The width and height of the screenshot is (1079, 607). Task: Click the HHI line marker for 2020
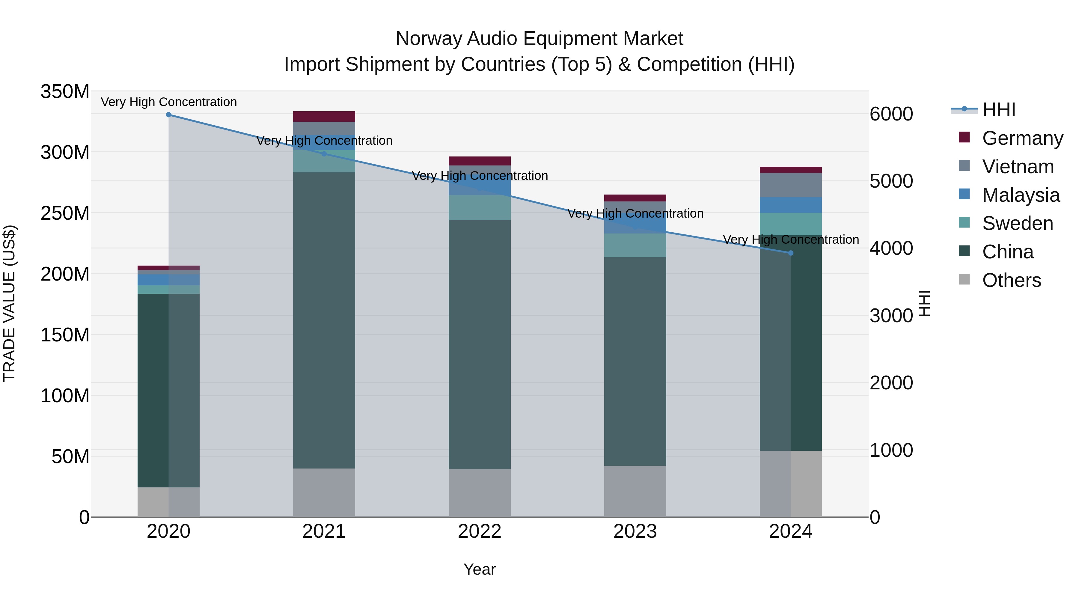point(168,115)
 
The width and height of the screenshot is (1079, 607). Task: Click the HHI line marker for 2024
point(790,253)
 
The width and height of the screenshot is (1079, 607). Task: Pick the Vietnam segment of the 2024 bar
point(790,185)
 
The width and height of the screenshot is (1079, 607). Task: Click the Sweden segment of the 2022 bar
point(479,208)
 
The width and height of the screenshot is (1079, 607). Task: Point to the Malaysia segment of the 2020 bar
point(168,280)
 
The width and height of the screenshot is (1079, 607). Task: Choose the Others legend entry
point(1011,280)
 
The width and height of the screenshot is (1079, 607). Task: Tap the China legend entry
point(1007,252)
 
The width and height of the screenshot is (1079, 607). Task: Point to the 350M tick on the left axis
point(65,92)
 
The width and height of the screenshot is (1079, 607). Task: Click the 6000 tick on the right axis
point(891,114)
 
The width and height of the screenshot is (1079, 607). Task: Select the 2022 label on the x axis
point(479,531)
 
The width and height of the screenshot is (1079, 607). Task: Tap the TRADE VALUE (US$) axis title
point(9,304)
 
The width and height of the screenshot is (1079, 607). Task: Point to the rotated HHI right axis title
point(924,304)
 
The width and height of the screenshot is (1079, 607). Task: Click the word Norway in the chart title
point(429,39)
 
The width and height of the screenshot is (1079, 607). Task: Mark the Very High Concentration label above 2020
point(169,102)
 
